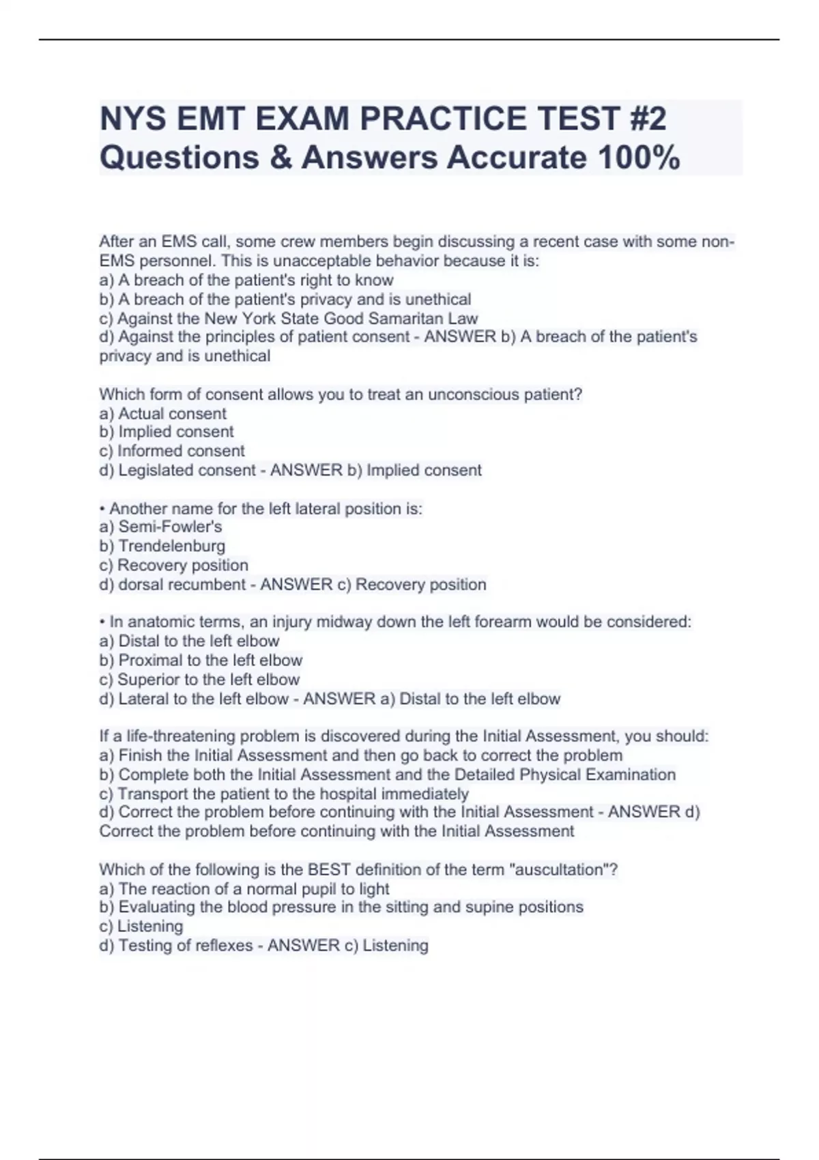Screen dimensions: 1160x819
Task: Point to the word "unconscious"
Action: tap(474, 394)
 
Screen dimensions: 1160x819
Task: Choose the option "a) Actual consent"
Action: tap(162, 414)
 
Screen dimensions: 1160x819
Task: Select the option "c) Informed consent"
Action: tap(171, 451)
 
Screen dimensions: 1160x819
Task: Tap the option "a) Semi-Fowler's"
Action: tap(160, 527)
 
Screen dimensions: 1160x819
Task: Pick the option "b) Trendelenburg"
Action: tap(162, 546)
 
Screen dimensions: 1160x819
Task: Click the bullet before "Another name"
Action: tap(102, 509)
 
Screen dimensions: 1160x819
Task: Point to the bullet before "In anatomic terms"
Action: tap(102, 622)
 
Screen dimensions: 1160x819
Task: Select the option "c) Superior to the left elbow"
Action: tap(199, 680)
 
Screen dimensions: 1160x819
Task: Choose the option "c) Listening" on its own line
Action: tap(141, 927)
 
